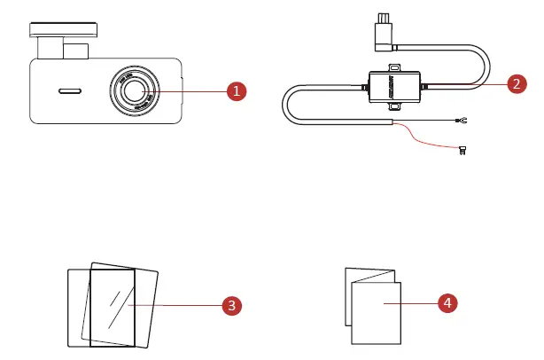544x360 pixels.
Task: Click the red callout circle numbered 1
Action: [x=235, y=91]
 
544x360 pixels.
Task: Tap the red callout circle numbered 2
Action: [x=517, y=84]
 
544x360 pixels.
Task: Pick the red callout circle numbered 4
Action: [x=448, y=303]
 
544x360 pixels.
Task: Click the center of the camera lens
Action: [x=136, y=90]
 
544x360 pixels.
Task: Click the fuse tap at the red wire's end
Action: [x=462, y=151]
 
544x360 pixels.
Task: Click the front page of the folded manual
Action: [x=377, y=312]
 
